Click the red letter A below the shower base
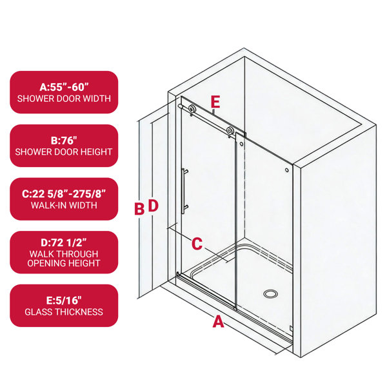(218, 321)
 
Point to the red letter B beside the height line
(139, 208)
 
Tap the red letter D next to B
(153, 205)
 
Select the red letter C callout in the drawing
(197, 244)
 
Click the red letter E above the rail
(215, 102)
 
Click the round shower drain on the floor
(270, 293)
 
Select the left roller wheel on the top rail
(192, 109)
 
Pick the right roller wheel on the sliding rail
(230, 130)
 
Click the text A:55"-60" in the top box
(64, 87)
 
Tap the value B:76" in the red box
(64, 141)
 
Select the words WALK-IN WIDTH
(64, 205)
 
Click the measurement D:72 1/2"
(64, 243)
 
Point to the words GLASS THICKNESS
(64, 312)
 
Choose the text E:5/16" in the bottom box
(64, 301)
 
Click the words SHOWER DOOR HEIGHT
(64, 152)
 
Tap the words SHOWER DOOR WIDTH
(64, 99)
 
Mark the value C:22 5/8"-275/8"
(64, 194)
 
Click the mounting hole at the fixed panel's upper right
(287, 170)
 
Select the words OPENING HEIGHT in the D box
(64, 263)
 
